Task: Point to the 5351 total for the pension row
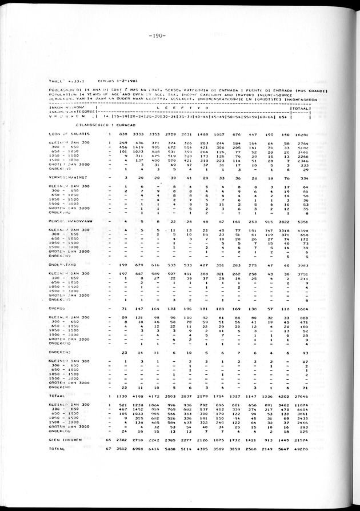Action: point(302,221)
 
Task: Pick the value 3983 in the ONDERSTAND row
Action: point(302,265)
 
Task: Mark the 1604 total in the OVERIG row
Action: point(302,309)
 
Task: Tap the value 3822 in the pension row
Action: point(283,221)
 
